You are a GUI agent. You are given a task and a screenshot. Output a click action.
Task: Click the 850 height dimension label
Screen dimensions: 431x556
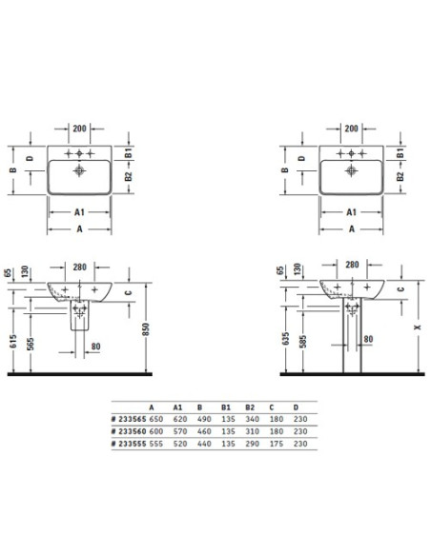(146, 329)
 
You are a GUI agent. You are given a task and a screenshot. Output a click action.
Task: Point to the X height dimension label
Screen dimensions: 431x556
(418, 327)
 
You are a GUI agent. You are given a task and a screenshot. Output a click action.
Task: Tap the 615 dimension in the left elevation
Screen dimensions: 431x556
(13, 341)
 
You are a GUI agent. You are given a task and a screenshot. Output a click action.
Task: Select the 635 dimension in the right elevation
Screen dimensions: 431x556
(285, 339)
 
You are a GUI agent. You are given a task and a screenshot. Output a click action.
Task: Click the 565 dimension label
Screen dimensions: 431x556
(31, 344)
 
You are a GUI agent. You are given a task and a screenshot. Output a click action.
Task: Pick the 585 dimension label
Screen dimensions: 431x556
(303, 342)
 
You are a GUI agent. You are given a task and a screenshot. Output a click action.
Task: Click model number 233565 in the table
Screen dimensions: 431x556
(133, 419)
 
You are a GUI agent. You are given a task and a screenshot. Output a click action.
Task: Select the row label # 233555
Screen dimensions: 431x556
(129, 444)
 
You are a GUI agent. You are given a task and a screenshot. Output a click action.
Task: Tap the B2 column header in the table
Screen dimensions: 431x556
(250, 407)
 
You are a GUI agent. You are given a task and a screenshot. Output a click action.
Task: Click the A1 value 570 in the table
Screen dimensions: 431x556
(180, 431)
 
